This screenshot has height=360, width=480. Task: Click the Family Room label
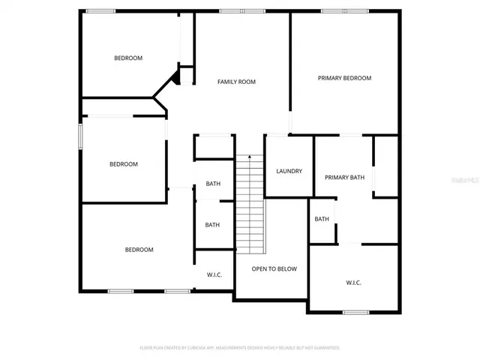coord(236,82)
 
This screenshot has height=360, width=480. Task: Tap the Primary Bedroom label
coord(344,78)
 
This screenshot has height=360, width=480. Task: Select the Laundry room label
coord(289,171)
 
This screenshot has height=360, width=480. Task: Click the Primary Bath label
coord(344,178)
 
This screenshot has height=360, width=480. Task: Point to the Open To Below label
coord(274,268)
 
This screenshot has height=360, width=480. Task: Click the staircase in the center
coord(250,202)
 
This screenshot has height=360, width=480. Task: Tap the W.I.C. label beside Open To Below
coord(214,274)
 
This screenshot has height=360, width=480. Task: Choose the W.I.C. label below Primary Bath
coord(353,283)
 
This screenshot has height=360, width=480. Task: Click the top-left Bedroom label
coord(128,58)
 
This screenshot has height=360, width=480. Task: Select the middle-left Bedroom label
coord(124,164)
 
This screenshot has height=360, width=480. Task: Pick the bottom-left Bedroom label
coord(139,250)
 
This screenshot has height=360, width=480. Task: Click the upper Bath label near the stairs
coord(213,184)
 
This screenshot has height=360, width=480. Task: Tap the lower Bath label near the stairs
coord(212,224)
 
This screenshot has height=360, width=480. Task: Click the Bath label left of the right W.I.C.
coord(322,219)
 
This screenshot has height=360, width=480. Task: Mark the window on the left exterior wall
coord(81,136)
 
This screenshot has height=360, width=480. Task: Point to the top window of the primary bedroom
coord(334,10)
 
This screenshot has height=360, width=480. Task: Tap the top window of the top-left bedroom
coord(100,10)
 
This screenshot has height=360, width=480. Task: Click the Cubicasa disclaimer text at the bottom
coord(240,348)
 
